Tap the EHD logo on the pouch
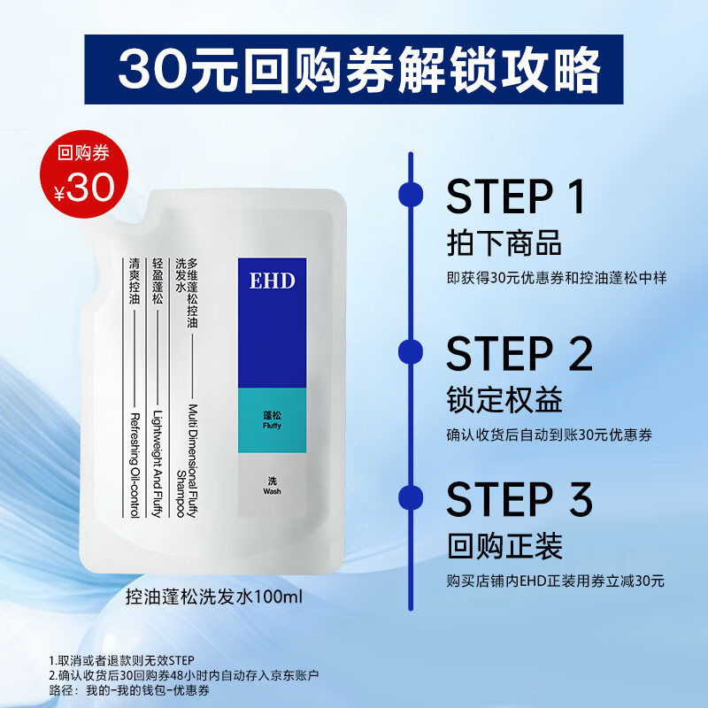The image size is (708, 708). click(x=272, y=281)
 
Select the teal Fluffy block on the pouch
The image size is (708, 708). click(x=272, y=417)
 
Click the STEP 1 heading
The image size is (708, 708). click(x=517, y=196)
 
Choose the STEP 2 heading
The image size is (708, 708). click(x=519, y=354)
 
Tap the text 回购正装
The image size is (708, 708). click(x=504, y=546)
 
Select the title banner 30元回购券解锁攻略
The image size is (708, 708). click(x=354, y=67)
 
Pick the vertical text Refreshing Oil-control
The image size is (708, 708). click(x=135, y=466)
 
